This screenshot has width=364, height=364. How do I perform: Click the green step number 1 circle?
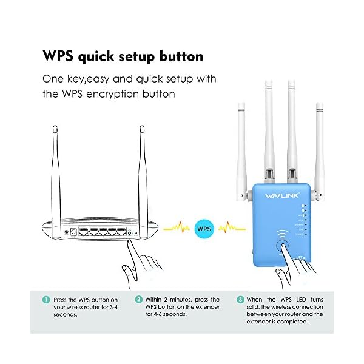[x=46, y=299]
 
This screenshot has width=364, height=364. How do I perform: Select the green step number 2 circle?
[x=138, y=299]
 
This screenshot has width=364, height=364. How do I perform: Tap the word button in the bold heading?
[x=178, y=56]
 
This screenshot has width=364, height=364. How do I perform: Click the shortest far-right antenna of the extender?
[x=319, y=146]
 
